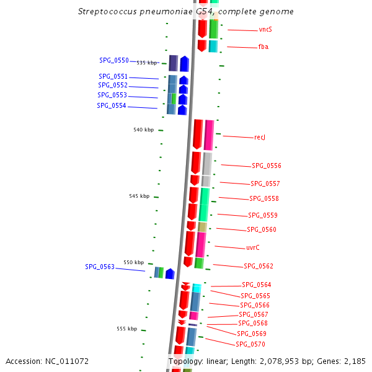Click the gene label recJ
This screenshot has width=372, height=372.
coord(260,138)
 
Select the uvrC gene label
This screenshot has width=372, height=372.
coord(253,247)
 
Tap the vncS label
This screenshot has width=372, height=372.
coord(265,29)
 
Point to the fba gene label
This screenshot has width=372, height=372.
coord(263,46)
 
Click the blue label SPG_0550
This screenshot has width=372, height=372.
coord(114,61)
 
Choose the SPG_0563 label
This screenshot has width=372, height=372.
coord(100,267)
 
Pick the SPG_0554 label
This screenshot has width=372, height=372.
coord(111,105)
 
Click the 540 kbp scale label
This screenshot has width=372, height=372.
coord(144,130)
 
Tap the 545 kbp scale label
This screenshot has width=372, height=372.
coord(139,196)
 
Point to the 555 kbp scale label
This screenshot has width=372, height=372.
coord(127,329)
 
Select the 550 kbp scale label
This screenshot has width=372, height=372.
coord(133,262)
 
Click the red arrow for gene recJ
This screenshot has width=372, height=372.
coord(198,135)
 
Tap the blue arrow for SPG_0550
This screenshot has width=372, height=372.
coord(184,64)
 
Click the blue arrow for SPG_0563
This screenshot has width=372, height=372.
coord(170,274)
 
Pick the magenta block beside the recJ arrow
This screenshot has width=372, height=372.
coord(209,135)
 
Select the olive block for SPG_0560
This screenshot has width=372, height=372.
coord(202,227)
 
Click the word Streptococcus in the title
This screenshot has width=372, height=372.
coord(107,12)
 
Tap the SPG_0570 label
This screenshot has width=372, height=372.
coord(250,344)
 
